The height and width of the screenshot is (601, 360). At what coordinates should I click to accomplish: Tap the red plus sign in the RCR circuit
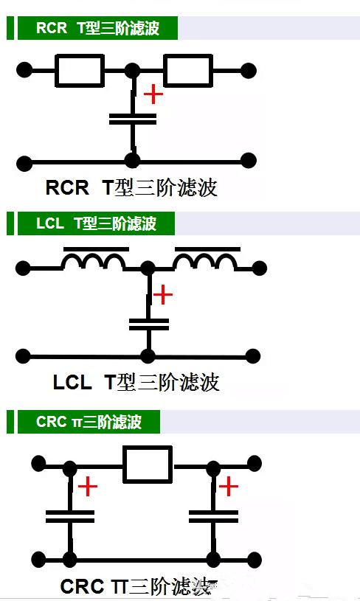[x=153, y=94]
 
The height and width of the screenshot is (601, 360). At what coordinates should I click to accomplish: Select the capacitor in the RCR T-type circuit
[x=133, y=119]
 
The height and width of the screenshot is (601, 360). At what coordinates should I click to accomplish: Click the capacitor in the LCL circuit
[x=149, y=324]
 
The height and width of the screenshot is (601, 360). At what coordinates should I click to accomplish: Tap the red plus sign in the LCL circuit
[x=163, y=295]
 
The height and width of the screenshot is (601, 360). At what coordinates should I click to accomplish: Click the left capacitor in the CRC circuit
[x=70, y=516]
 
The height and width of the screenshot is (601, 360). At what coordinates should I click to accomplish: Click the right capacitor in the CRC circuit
[x=213, y=516]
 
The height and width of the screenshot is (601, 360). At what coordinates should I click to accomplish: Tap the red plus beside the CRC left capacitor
[x=88, y=487]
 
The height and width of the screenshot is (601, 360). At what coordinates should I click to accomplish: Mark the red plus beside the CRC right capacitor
[x=229, y=487]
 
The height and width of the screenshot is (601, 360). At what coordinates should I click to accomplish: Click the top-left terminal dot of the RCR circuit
[x=24, y=70]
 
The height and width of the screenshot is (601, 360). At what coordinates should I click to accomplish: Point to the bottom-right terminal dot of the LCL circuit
[x=252, y=356]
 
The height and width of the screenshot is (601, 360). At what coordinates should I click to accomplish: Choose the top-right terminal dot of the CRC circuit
[x=255, y=463]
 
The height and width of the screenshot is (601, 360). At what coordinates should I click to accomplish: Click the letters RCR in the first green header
[x=52, y=28]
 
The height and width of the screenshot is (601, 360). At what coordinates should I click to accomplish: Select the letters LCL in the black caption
[x=72, y=383]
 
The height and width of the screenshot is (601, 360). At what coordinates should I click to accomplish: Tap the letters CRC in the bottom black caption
[x=82, y=586]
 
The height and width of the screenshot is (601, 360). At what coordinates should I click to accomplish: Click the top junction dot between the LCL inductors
[x=148, y=268]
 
